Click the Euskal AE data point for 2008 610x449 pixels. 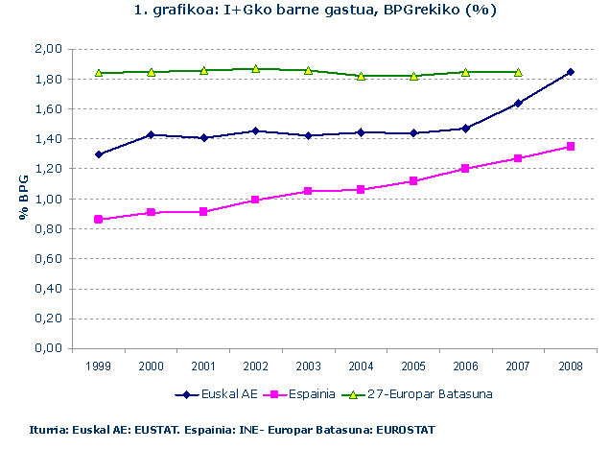pyautogui.click(x=571, y=72)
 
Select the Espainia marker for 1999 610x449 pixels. pyautogui.click(x=99, y=220)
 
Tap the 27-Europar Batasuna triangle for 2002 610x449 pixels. pyautogui.click(x=255, y=69)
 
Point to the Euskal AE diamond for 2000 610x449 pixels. pyautogui.click(x=152, y=135)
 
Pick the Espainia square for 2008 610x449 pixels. pyautogui.click(x=571, y=147)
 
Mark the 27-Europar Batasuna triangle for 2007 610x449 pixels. pyautogui.click(x=518, y=72)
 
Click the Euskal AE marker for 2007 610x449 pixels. pyautogui.click(x=518, y=104)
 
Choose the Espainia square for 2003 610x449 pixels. pyautogui.click(x=308, y=191)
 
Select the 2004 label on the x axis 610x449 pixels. pyautogui.click(x=360, y=366)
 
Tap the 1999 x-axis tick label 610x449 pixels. pyautogui.click(x=99, y=366)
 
